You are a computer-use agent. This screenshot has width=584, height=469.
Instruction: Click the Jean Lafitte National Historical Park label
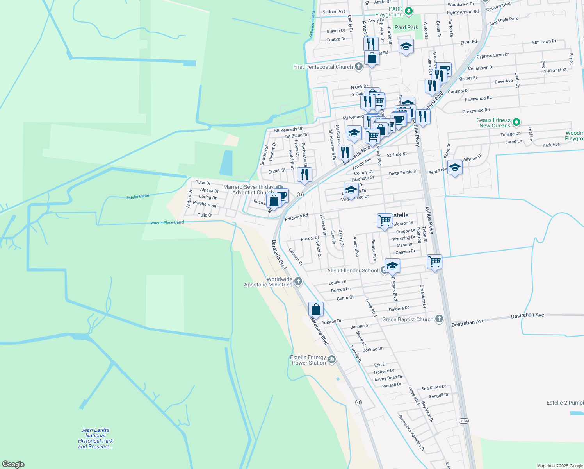tap(96, 438)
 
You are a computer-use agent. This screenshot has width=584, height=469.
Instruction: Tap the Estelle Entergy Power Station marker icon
tap(332, 359)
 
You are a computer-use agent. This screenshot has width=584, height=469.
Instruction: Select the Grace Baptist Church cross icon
tap(439, 319)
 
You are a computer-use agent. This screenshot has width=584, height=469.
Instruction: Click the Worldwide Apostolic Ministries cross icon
tap(298, 281)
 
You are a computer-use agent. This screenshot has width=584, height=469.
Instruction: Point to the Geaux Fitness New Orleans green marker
tap(516, 122)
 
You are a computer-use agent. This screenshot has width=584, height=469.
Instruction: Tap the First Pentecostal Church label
tap(323, 67)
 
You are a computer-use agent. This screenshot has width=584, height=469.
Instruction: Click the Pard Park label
tap(406, 27)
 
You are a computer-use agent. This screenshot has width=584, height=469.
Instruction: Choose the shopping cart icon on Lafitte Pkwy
tap(434, 261)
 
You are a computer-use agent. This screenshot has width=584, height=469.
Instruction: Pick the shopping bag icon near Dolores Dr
tap(316, 309)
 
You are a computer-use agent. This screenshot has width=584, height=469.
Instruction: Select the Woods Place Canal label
tap(167, 223)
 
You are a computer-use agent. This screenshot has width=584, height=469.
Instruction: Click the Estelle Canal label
tap(137, 197)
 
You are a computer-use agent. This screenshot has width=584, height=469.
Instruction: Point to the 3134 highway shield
tap(463, 421)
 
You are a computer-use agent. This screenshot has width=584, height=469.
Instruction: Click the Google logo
tap(13, 464)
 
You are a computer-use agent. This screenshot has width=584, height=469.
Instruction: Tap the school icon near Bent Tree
tap(455, 168)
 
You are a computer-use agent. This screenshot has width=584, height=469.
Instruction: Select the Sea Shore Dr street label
tap(433, 388)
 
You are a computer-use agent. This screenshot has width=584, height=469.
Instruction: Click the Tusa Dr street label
tap(203, 183)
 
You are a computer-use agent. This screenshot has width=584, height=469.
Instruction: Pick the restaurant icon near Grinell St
tap(304, 174)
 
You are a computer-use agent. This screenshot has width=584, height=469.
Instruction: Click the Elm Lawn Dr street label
tap(544, 41)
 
